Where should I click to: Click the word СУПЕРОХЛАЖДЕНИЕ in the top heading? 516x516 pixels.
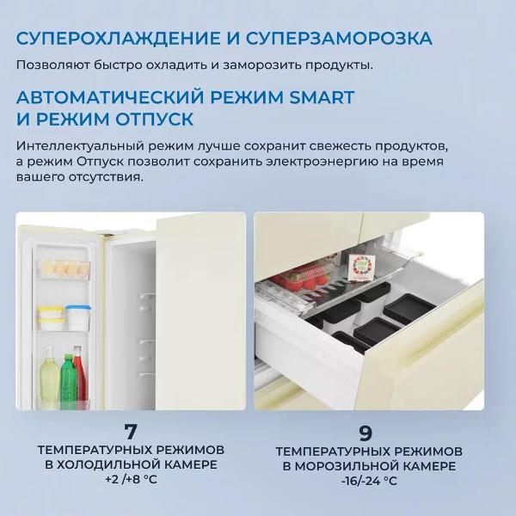[x=113, y=39]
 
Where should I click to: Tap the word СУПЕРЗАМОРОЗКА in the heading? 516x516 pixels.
[x=339, y=39]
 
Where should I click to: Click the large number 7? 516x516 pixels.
[x=131, y=430]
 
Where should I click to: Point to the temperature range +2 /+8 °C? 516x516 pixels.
[x=131, y=480]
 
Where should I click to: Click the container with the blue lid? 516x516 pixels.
[x=78, y=316]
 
